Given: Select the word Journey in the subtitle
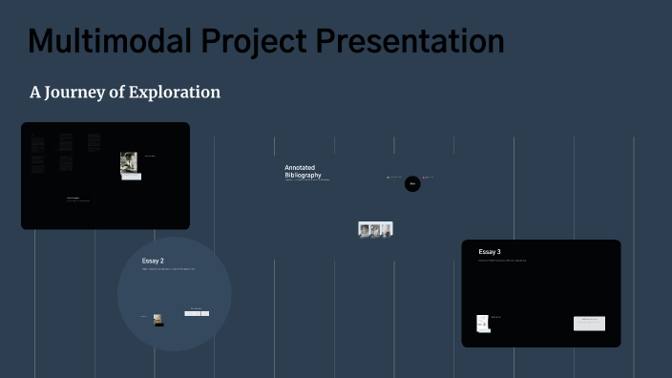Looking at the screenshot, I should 74,93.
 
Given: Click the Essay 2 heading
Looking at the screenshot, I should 153,261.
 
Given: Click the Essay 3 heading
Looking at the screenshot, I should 490,252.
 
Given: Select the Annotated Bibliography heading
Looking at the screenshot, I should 303,172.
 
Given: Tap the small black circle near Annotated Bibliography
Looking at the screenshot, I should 412,184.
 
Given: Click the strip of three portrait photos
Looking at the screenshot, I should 375,229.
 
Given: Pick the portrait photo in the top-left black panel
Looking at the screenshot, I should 129,164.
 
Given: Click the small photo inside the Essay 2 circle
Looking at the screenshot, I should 158,320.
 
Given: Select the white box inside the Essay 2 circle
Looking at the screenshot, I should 197,312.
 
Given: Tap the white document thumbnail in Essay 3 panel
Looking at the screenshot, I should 483,324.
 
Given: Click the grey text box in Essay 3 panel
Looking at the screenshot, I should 589,324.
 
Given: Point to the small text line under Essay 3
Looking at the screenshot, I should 502,261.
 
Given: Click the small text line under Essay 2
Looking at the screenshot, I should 168,269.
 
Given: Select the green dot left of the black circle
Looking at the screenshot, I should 388,178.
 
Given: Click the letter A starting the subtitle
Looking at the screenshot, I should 35,93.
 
